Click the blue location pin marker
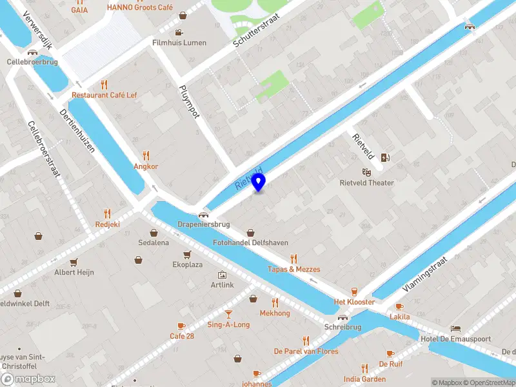pyautogui.click(x=259, y=183)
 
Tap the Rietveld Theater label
pyautogui.click(x=366, y=183)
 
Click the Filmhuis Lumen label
pyautogui.click(x=179, y=43)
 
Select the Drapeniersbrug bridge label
pyautogui.click(x=204, y=225)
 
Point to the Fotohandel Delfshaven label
pyautogui.click(x=250, y=243)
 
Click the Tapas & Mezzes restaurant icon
pyautogui.click(x=294, y=259)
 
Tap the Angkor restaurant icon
pyautogui.click(x=146, y=155)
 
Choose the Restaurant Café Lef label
pyautogui.click(x=104, y=95)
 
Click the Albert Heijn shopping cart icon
pyautogui.click(x=74, y=262)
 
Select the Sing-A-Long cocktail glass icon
pyautogui.click(x=228, y=314)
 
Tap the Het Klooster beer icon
pyautogui.click(x=354, y=292)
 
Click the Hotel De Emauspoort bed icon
pyautogui.click(x=456, y=329)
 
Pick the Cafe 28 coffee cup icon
pyautogui.click(x=181, y=326)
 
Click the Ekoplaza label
pyautogui.click(x=187, y=264)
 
